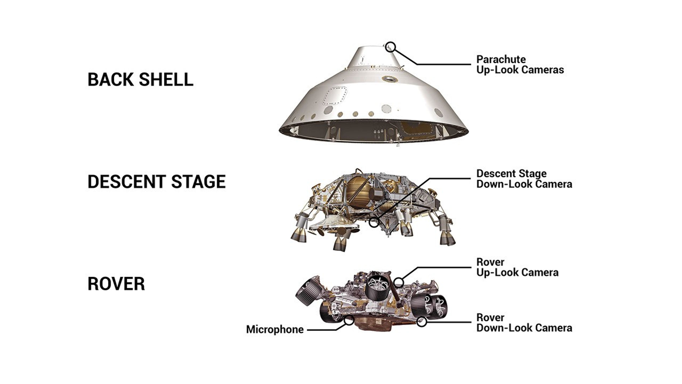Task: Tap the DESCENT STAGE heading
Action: [156, 182]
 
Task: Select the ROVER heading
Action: [116, 284]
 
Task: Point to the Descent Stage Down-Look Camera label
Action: [524, 179]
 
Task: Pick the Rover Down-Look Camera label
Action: [524, 323]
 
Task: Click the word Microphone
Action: [275, 330]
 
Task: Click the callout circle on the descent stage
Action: [374, 222]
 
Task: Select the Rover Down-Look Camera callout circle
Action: [422, 322]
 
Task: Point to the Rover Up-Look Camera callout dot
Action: [398, 282]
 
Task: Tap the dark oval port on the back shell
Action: [390, 79]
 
